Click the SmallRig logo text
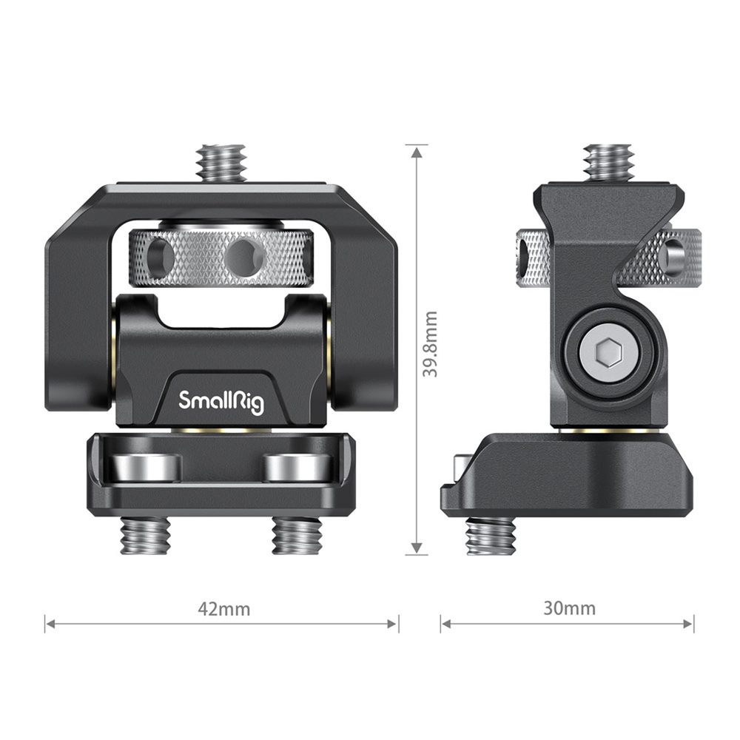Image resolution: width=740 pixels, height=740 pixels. [221, 400]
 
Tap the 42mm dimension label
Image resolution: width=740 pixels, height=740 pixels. [223, 609]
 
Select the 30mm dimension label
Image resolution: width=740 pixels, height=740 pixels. [569, 608]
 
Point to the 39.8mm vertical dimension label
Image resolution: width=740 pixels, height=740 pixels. [430, 343]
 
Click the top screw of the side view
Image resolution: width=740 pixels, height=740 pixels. [608, 161]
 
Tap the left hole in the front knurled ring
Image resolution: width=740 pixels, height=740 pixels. [158, 258]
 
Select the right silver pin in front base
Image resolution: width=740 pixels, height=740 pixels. [297, 467]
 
